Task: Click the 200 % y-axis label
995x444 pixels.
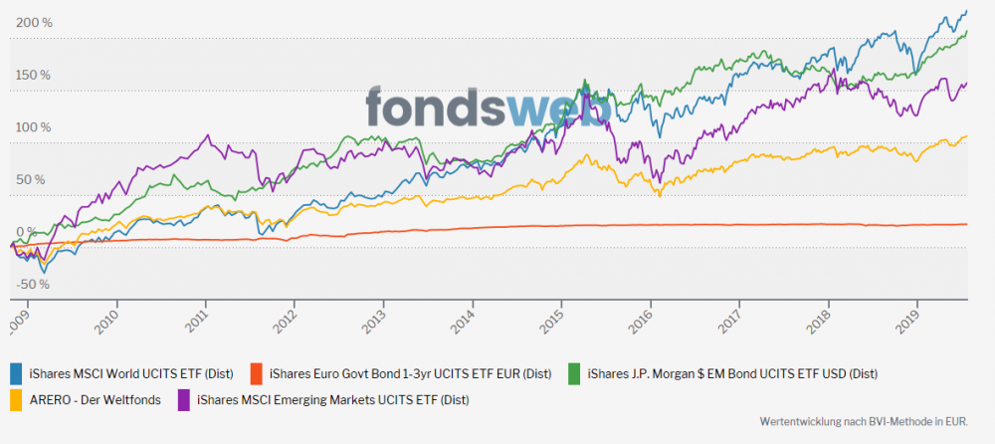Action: (34, 23)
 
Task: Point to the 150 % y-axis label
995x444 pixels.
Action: (34, 75)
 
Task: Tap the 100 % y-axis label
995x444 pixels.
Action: (34, 127)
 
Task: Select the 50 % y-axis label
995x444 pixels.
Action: (31, 180)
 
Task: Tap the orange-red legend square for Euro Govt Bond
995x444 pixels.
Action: (256, 374)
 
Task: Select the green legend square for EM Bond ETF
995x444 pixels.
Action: (574, 374)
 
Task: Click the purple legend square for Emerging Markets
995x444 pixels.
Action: (184, 400)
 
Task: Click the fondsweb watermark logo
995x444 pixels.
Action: (487, 109)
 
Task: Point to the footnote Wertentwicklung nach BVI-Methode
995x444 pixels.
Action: (862, 422)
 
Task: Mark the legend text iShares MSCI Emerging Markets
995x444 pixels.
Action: (332, 400)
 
